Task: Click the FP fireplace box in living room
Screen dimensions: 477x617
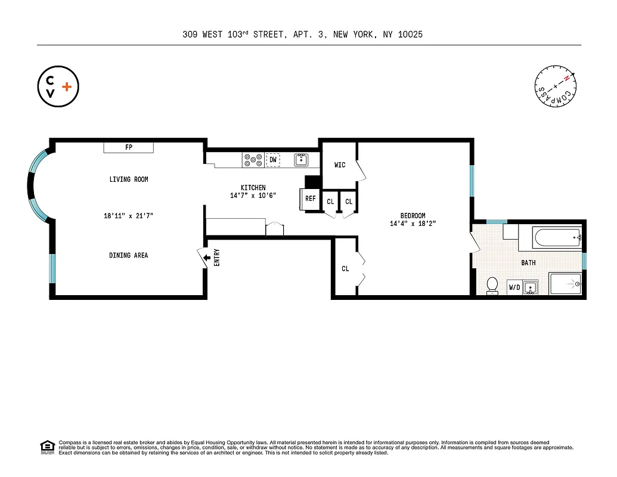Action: point(129,147)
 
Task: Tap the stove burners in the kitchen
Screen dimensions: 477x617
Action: point(253,159)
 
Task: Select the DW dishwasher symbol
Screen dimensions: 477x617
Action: point(272,159)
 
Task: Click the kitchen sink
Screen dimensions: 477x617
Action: point(301,159)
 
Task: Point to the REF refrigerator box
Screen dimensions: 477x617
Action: point(311,199)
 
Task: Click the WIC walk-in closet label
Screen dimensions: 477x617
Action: point(340,165)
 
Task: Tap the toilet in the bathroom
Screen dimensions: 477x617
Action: point(492,286)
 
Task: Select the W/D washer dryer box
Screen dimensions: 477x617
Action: point(514,287)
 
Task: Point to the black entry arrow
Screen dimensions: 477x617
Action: point(207,258)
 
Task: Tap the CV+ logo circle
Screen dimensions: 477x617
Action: point(58,86)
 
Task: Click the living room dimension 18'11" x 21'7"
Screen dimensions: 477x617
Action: point(129,216)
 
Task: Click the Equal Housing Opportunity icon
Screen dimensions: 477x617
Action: point(47,446)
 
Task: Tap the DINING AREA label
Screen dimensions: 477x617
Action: point(128,255)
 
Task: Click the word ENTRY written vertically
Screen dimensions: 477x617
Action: point(216,258)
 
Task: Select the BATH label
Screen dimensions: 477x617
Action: point(528,262)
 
